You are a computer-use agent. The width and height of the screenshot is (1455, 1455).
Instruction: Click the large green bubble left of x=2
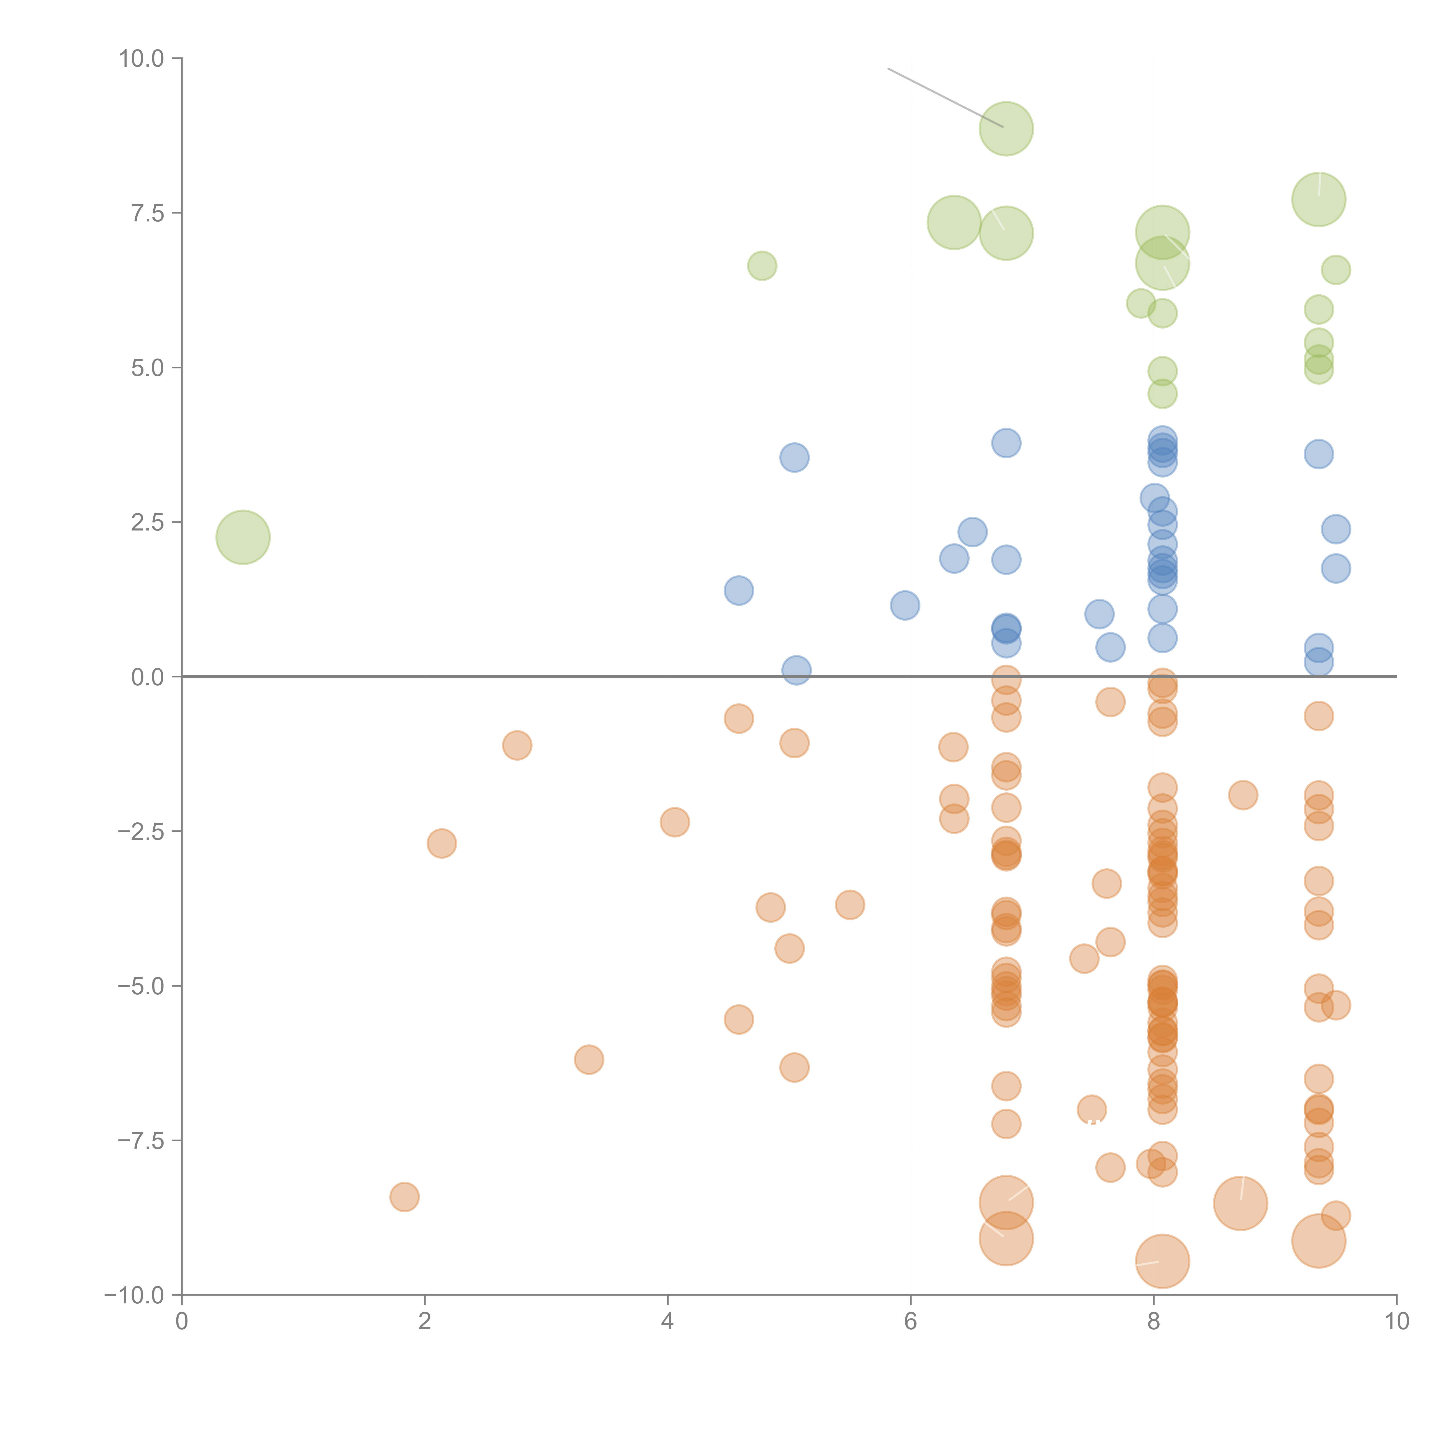[x=242, y=537]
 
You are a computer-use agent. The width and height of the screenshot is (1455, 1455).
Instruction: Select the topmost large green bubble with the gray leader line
[x=1006, y=129]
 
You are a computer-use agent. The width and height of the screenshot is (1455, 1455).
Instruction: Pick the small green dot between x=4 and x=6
[x=762, y=266]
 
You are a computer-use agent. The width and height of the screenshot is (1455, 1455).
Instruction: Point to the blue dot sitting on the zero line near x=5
[x=796, y=670]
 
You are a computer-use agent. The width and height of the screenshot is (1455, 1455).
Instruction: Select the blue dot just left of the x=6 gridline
[x=904, y=605]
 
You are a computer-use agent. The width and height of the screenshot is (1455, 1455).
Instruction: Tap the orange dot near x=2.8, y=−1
[x=517, y=746]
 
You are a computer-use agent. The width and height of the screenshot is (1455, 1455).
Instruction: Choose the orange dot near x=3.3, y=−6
[x=589, y=1060]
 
